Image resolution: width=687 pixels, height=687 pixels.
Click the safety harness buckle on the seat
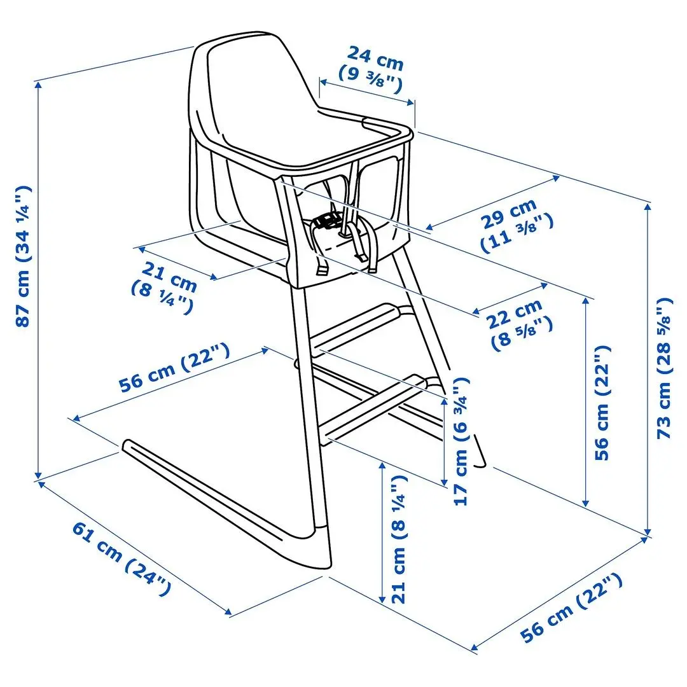pyautogui.click(x=328, y=221)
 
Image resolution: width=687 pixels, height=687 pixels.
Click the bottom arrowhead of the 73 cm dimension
pyautogui.click(x=648, y=533)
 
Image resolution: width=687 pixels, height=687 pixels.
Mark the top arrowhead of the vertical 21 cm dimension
pyautogui.click(x=381, y=463)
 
